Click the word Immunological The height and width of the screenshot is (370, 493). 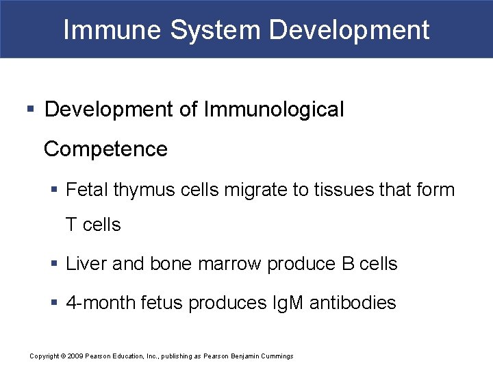(x=274, y=109)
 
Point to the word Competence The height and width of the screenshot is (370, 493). (x=105, y=149)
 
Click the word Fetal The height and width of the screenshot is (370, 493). (x=87, y=189)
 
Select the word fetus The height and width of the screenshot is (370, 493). (x=159, y=303)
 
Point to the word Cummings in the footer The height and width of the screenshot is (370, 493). (x=276, y=356)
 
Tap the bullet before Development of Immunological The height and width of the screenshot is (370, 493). (x=31, y=110)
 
